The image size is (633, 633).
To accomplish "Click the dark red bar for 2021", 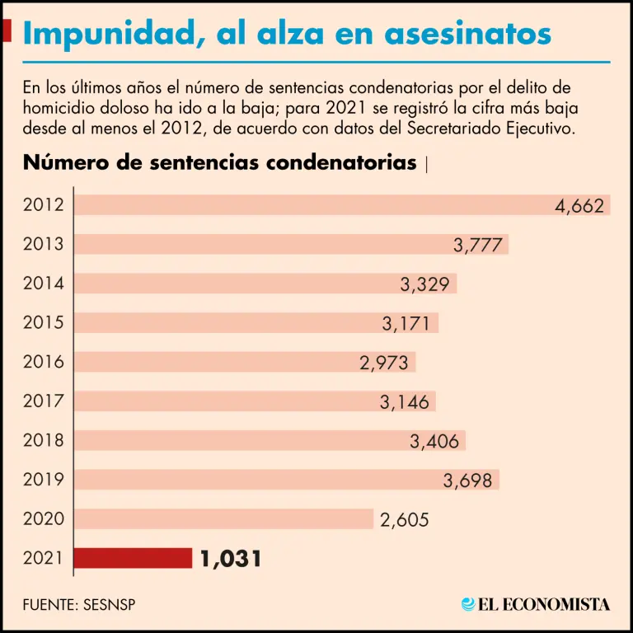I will coord(133,558).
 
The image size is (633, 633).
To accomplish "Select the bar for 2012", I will coord(313,205).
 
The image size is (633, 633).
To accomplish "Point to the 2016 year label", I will coord(44,362).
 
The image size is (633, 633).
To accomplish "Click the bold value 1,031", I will coord(231,559).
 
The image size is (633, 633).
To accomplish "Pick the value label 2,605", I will coord(404,520).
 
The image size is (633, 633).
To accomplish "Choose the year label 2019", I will coord(44,480).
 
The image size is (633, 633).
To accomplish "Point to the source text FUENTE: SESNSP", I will coord(79,604).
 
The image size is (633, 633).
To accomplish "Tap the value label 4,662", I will coord(579,206).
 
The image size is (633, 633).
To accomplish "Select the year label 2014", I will coord(44,284).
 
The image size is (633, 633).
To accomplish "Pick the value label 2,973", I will coord(385,363).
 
